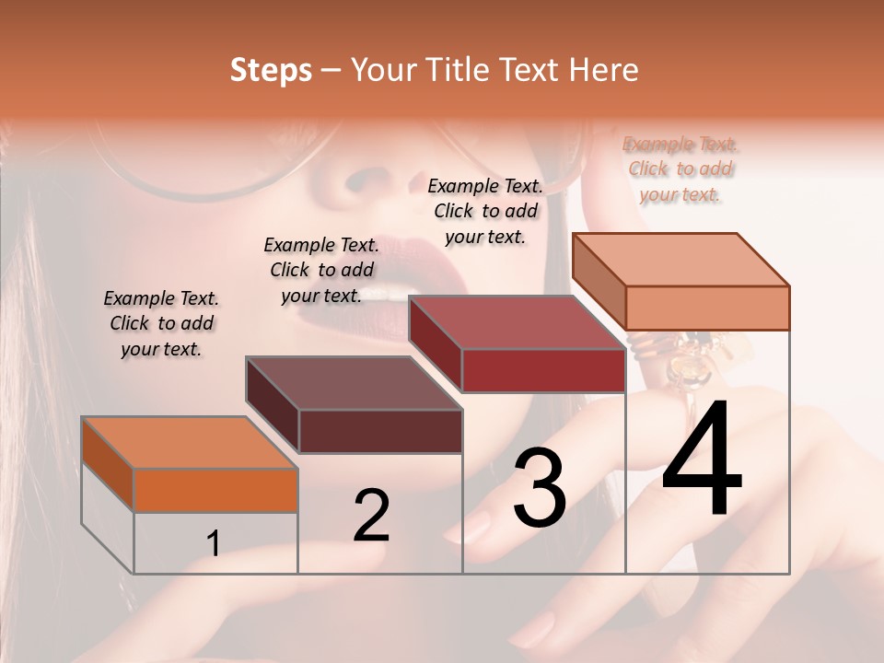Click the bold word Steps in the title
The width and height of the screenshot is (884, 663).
271,70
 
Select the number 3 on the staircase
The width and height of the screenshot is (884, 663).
540,488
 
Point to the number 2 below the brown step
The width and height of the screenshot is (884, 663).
371,516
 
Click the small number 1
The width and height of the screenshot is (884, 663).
214,543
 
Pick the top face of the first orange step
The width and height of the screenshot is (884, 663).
189,442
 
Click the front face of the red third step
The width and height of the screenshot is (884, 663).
543,371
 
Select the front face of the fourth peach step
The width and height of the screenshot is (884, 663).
707,308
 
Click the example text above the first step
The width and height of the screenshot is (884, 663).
161,323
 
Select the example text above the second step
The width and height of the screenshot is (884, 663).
321,270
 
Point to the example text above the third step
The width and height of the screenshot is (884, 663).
485,211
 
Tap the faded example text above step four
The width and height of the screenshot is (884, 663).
680,169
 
